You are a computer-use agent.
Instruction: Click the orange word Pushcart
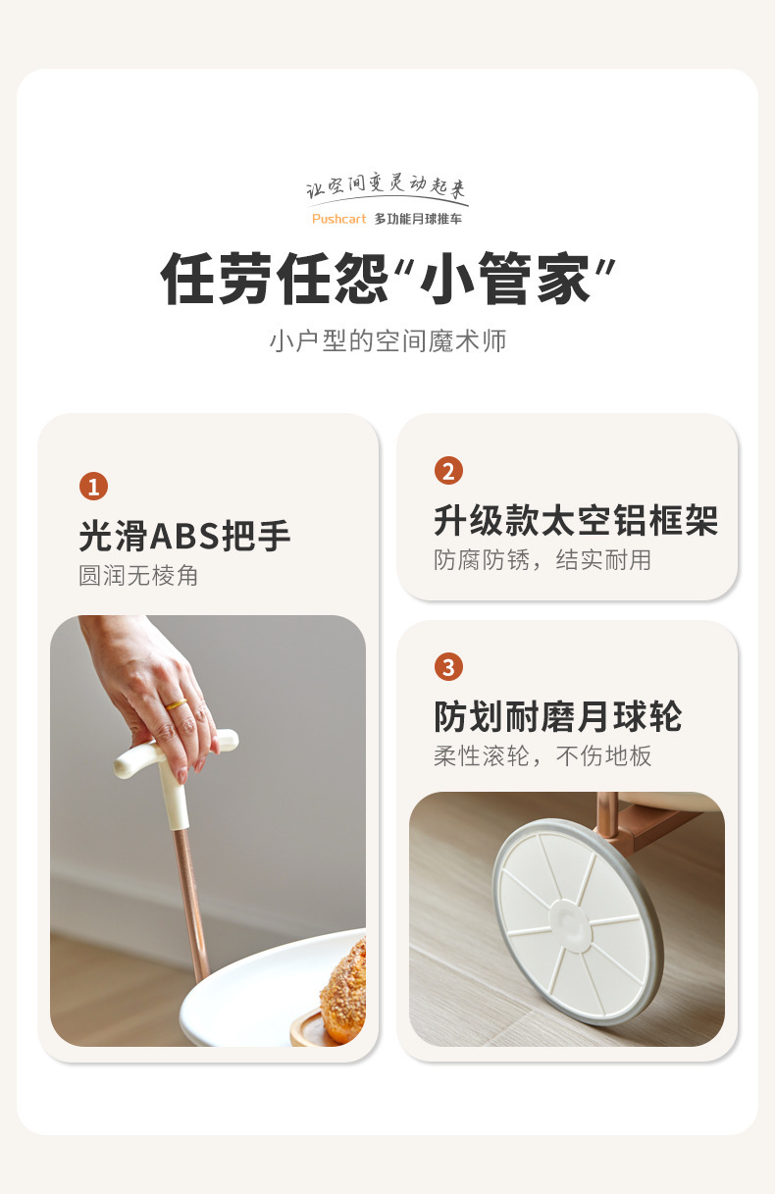tap(339, 219)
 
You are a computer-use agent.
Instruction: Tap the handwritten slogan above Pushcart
tap(387, 186)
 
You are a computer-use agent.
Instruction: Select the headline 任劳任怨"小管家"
tap(387, 278)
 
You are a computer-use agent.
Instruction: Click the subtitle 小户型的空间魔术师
tap(387, 340)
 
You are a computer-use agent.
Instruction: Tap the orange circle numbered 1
tap(94, 486)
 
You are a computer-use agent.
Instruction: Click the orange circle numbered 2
tap(448, 471)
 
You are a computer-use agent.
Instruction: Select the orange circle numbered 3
tap(448, 667)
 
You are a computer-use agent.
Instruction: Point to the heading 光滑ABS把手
tap(184, 535)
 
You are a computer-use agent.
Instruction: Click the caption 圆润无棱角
tap(138, 576)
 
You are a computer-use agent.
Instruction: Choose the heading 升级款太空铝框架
tap(576, 520)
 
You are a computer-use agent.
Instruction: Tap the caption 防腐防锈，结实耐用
tap(542, 560)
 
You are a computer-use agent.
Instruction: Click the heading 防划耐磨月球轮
tap(557, 716)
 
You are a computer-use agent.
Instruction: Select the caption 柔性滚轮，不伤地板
tap(542, 756)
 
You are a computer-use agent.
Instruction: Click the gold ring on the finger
tap(177, 704)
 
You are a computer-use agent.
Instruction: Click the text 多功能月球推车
tap(418, 219)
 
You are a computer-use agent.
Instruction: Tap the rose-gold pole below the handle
tap(191, 907)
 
